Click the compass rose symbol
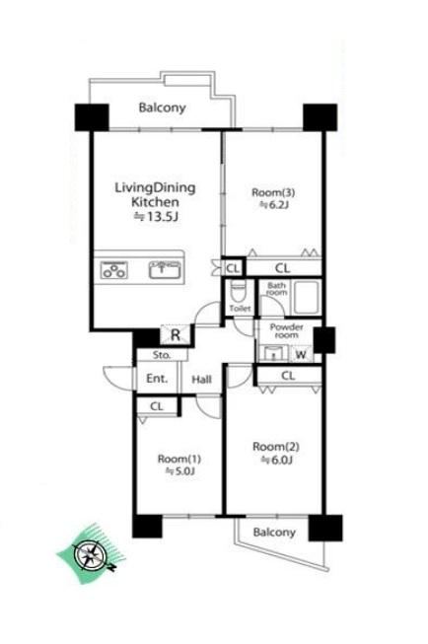(x=91, y=556)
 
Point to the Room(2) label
(x=276, y=447)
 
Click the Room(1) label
(x=179, y=459)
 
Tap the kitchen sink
(x=165, y=270)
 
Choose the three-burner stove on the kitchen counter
(x=113, y=270)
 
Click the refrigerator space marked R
(x=176, y=334)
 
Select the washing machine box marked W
(x=301, y=354)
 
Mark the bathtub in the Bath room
(x=306, y=297)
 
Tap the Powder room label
(x=286, y=331)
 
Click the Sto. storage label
(x=162, y=355)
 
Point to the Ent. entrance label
(x=157, y=379)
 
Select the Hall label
(x=202, y=379)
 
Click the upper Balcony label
(x=163, y=108)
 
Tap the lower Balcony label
(x=274, y=533)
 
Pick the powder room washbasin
(x=272, y=354)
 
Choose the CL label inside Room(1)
(x=157, y=406)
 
